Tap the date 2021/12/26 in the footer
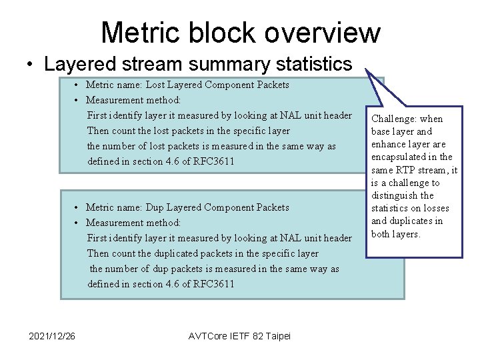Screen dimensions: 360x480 click(52, 335)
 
